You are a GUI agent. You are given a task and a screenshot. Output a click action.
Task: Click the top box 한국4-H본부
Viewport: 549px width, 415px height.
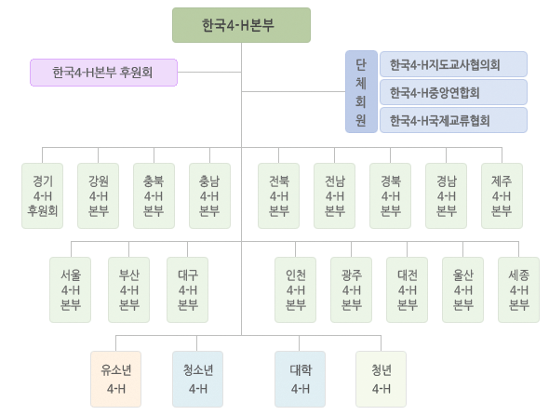pos(241,25)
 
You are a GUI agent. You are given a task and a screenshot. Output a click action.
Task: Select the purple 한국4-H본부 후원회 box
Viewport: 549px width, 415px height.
pos(103,73)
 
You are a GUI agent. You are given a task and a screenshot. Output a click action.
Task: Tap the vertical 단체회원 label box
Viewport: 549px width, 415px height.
pos(361,92)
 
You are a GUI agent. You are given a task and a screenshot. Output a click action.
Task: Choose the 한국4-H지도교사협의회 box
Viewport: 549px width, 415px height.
pos(453,64)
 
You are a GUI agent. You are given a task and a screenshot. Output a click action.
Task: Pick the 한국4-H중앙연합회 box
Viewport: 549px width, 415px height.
pos(453,92)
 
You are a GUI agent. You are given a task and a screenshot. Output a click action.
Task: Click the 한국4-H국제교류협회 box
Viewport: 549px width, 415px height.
pos(453,120)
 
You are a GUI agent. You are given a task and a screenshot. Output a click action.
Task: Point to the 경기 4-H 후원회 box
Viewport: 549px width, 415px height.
pos(43,195)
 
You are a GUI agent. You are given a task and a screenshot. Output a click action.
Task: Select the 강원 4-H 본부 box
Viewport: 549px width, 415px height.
pos(98,195)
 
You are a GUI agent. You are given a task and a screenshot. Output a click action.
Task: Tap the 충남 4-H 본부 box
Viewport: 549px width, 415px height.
pos(209,195)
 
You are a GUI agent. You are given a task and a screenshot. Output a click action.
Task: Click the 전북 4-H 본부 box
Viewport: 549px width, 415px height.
pos(279,195)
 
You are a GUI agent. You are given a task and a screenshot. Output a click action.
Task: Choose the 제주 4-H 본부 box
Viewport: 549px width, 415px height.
pos(502,195)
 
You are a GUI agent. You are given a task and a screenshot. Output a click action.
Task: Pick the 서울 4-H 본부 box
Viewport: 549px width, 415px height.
pos(71,289)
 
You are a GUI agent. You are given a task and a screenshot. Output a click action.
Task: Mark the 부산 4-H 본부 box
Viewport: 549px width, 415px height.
pos(128,289)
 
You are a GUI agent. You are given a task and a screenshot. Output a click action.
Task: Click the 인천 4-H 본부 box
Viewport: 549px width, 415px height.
pos(296,289)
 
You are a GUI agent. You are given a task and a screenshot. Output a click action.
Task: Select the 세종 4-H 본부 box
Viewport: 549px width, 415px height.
pos(518,289)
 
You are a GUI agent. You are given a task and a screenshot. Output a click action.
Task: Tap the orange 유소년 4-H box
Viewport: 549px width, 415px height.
pos(116,379)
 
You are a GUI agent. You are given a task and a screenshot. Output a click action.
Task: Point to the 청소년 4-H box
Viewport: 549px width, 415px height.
pos(197,379)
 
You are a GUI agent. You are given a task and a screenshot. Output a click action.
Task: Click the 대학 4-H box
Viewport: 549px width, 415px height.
pos(300,379)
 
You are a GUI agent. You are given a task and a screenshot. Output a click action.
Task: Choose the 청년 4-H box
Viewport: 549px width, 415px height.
pos(381,379)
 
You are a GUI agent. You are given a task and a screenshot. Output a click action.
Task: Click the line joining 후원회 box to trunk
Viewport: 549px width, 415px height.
pos(209,73)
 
